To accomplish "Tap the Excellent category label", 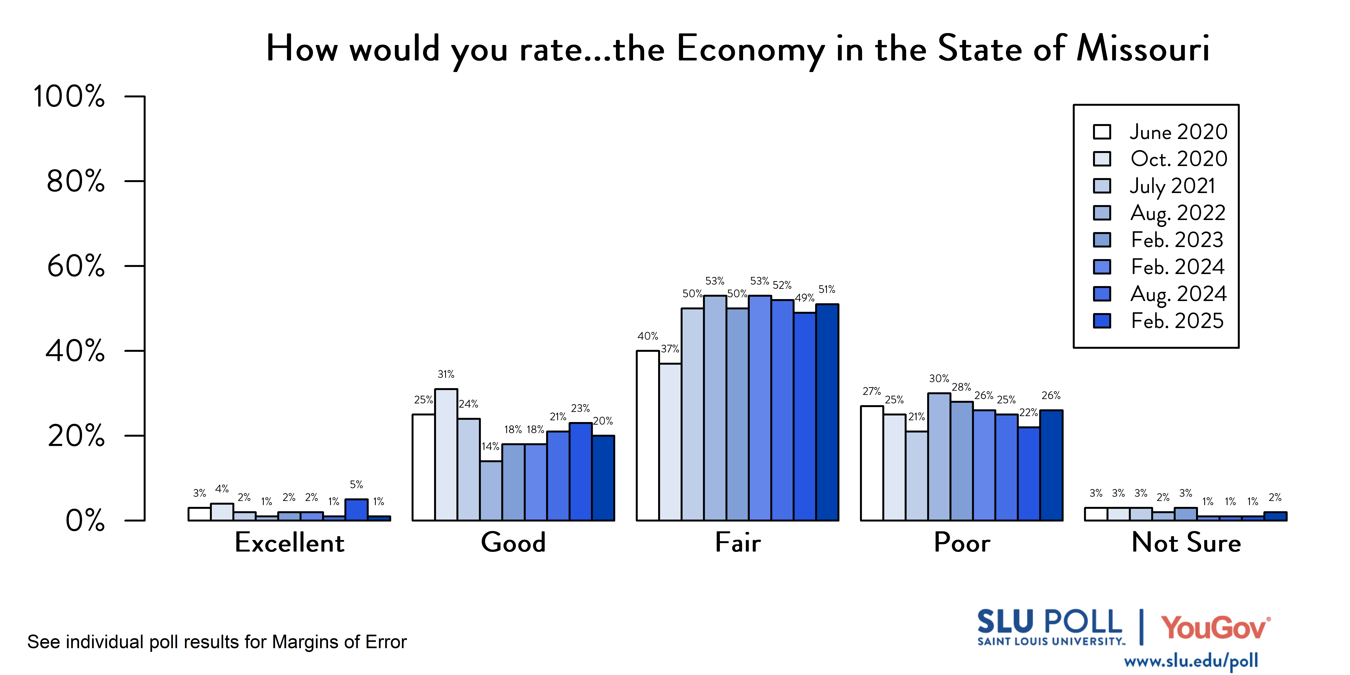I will (x=289, y=542).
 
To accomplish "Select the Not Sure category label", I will (x=1186, y=542).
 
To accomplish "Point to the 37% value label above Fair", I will (x=670, y=349).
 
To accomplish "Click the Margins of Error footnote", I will (x=217, y=642).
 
